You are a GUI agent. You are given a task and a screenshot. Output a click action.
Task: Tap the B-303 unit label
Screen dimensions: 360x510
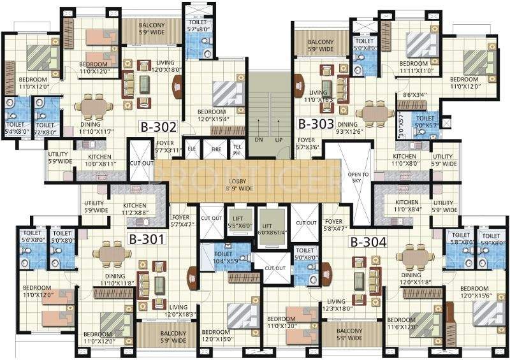coord(317,124)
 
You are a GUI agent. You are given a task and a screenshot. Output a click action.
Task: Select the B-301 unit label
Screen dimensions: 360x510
coord(147,240)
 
